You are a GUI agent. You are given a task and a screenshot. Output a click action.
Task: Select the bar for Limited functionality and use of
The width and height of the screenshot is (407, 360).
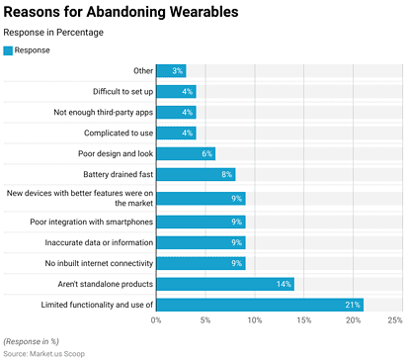pos(260,305)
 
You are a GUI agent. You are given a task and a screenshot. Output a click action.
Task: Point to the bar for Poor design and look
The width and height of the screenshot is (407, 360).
pos(186,153)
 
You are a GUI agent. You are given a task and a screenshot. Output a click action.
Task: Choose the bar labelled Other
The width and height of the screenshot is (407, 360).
pos(171,70)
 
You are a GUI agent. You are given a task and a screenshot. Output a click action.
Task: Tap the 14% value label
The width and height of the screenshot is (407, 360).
pos(285,284)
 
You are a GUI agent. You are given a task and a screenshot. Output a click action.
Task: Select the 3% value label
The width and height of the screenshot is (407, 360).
pos(178,70)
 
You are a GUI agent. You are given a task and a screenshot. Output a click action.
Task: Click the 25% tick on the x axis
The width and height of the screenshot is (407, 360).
pos(395,320)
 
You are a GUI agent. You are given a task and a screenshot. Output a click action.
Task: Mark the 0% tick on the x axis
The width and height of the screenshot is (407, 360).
pos(156,320)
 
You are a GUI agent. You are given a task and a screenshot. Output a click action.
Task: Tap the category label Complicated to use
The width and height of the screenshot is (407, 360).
pos(113,133)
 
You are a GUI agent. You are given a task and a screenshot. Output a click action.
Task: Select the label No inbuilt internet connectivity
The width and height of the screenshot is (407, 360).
pos(99,263)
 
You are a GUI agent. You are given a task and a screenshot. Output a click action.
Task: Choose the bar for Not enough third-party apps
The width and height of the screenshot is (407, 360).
pos(176,112)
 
